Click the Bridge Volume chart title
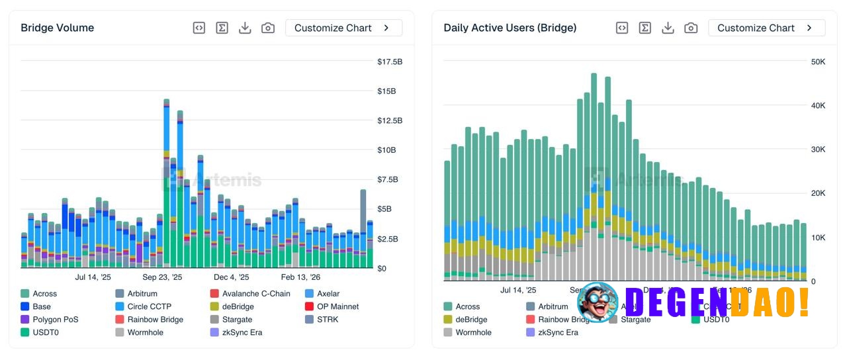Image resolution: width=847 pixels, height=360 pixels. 57,28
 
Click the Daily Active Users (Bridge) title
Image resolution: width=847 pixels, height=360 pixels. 510,28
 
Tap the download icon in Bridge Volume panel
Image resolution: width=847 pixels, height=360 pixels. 245,28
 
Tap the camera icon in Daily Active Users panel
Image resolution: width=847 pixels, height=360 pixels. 691,28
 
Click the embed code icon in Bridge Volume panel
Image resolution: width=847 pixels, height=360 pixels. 199,28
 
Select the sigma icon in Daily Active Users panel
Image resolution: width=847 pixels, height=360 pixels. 645,28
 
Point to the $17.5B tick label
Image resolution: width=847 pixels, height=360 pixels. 390,62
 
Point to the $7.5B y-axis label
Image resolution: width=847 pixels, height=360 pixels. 388,179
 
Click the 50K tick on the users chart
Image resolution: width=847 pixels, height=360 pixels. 818,62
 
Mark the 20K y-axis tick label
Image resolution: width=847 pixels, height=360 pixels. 818,193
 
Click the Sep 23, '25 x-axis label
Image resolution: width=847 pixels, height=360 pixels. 162,277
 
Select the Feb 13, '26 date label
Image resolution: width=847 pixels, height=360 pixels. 300,277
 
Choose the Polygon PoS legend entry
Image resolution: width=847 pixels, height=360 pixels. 56,320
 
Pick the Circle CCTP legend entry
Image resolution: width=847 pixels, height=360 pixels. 149,306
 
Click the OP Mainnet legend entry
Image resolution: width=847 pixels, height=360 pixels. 337,306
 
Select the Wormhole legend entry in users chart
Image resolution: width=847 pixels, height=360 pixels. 473,332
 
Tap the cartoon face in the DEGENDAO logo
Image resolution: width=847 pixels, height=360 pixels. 597,302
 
